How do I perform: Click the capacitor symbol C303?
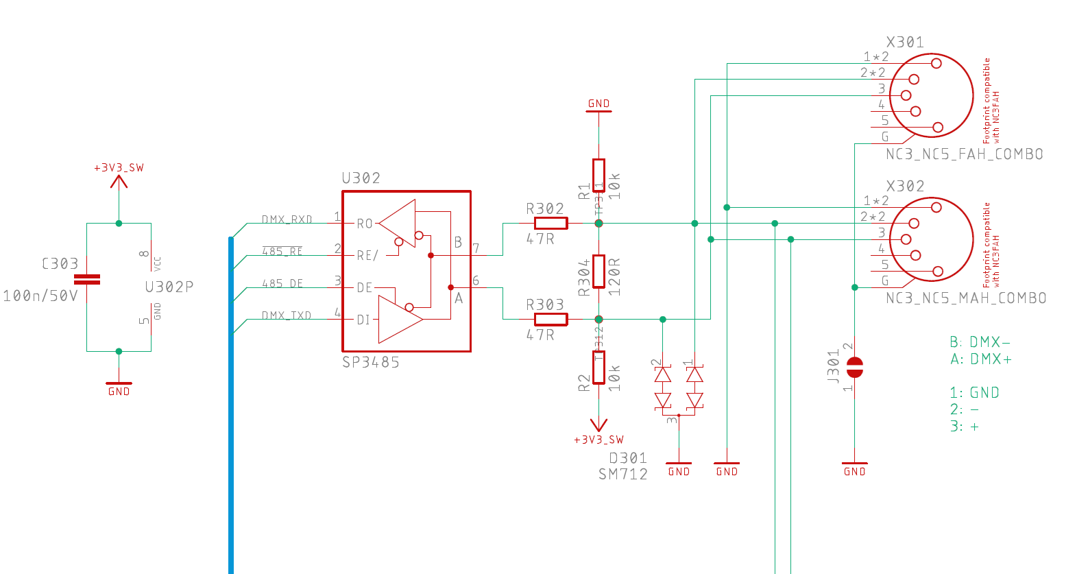pyautogui.click(x=87, y=279)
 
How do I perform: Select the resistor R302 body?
pyautogui.click(x=550, y=224)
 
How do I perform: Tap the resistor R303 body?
pyautogui.click(x=550, y=320)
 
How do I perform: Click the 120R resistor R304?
pyautogui.click(x=598, y=271)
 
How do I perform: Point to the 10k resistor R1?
pyautogui.click(x=598, y=176)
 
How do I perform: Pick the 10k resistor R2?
pyautogui.click(x=598, y=368)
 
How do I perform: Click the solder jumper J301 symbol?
pyautogui.click(x=854, y=368)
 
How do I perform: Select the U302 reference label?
pyautogui.click(x=361, y=178)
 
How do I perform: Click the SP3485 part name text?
pyautogui.click(x=370, y=363)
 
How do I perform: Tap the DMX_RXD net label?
pyautogui.click(x=287, y=220)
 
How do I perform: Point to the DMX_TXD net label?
pyautogui.click(x=287, y=316)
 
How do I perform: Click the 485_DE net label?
pyautogui.click(x=282, y=284)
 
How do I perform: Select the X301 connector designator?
pyautogui.click(x=905, y=43)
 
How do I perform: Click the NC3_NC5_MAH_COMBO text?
pyautogui.click(x=966, y=298)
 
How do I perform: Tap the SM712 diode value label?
pyautogui.click(x=622, y=475)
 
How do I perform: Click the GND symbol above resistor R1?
pyautogui.click(x=598, y=105)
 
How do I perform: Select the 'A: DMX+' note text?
pyautogui.click(x=980, y=359)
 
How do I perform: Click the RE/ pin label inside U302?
pyautogui.click(x=367, y=256)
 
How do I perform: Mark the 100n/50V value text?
pyautogui.click(x=40, y=296)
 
